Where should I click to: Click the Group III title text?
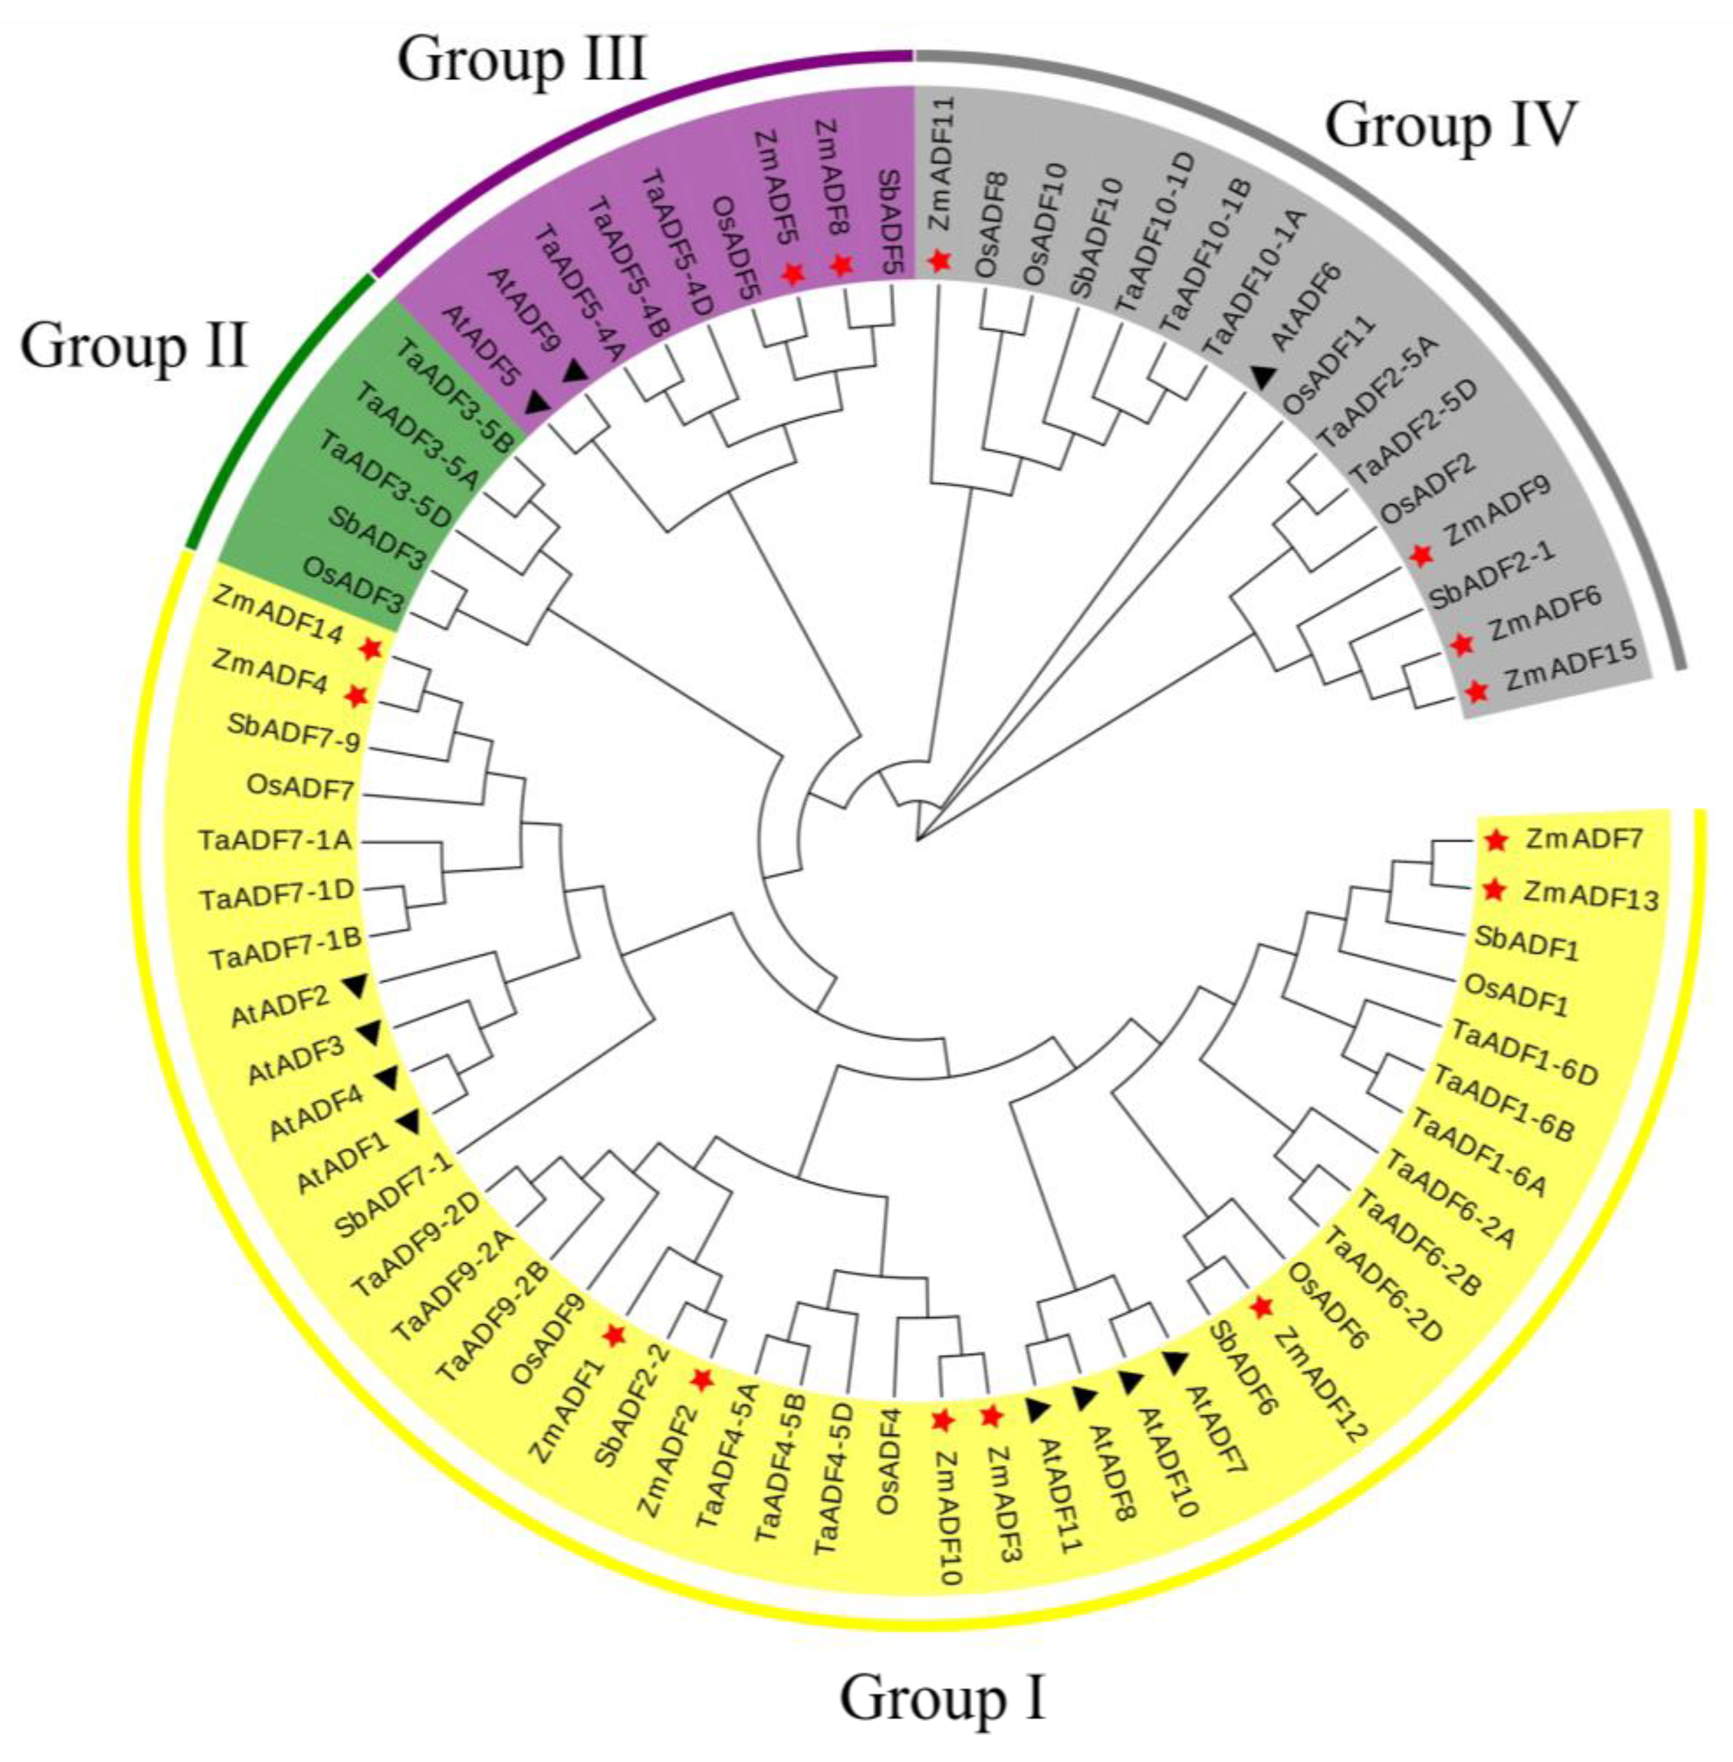(521, 60)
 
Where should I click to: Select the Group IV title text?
(1448, 125)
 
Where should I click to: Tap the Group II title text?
(134, 347)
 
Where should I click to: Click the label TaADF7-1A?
(274, 840)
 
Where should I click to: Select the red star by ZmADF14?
(370, 648)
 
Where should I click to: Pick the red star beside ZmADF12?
(1261, 1307)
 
